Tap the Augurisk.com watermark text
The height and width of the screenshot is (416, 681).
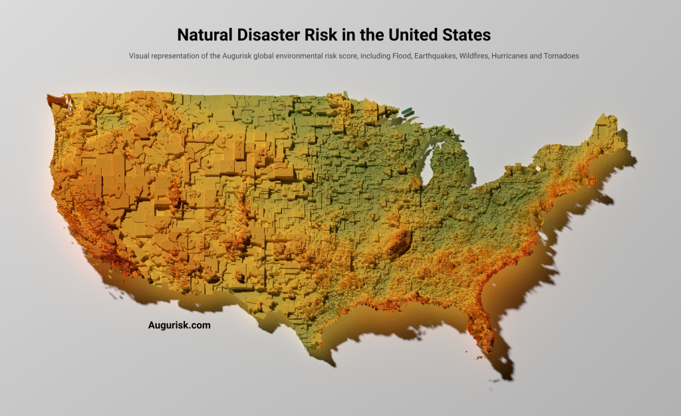[x=179, y=326]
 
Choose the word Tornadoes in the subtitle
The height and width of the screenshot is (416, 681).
[x=563, y=56]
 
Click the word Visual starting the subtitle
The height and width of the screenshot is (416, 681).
[x=140, y=56]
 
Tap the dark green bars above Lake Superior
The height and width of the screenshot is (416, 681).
[x=407, y=112]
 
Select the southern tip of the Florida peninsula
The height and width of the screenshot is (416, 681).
[x=489, y=349]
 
